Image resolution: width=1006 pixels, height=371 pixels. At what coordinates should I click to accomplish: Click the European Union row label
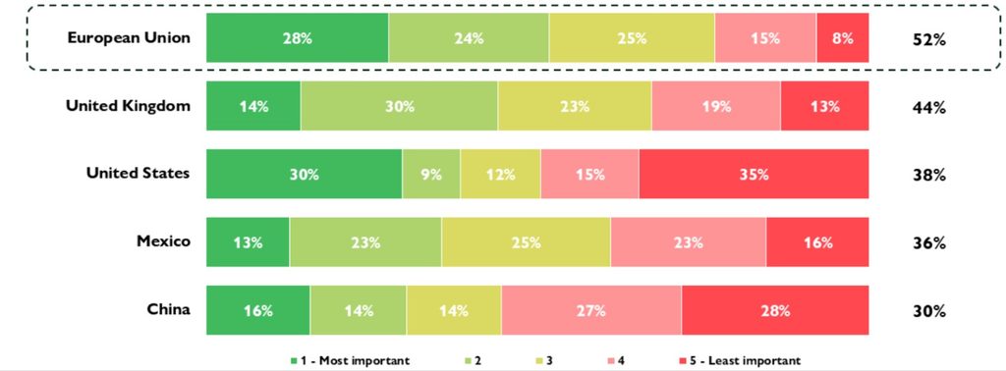129,38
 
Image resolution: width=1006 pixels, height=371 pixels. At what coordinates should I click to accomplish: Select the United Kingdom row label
129,106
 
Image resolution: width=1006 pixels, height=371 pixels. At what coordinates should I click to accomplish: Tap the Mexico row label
164,241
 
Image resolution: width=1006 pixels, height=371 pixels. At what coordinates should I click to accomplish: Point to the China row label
168,309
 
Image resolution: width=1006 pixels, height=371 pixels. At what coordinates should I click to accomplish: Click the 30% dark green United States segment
305,175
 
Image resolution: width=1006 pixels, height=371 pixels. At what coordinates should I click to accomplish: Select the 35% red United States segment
754,175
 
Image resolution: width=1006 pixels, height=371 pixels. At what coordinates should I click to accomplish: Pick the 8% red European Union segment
842,38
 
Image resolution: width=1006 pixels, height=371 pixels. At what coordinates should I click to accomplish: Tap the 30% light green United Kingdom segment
399,106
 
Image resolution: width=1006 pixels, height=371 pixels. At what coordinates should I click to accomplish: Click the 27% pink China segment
591,310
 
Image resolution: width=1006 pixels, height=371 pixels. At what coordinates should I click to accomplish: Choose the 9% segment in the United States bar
431,175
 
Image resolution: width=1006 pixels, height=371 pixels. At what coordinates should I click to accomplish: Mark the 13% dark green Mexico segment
248,242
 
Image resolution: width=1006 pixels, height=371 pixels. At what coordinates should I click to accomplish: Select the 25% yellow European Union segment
632,38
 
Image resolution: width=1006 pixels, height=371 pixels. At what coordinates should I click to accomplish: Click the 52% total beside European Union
929,39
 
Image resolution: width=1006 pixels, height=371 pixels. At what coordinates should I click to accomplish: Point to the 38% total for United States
929,176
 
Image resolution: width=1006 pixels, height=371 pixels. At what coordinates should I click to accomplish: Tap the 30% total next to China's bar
929,312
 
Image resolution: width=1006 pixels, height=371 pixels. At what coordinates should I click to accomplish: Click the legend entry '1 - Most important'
350,361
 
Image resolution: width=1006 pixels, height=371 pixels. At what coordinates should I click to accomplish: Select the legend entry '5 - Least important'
739,361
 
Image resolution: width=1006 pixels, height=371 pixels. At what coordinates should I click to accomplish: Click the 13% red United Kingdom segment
824,106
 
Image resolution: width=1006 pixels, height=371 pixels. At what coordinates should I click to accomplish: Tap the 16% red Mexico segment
817,242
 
